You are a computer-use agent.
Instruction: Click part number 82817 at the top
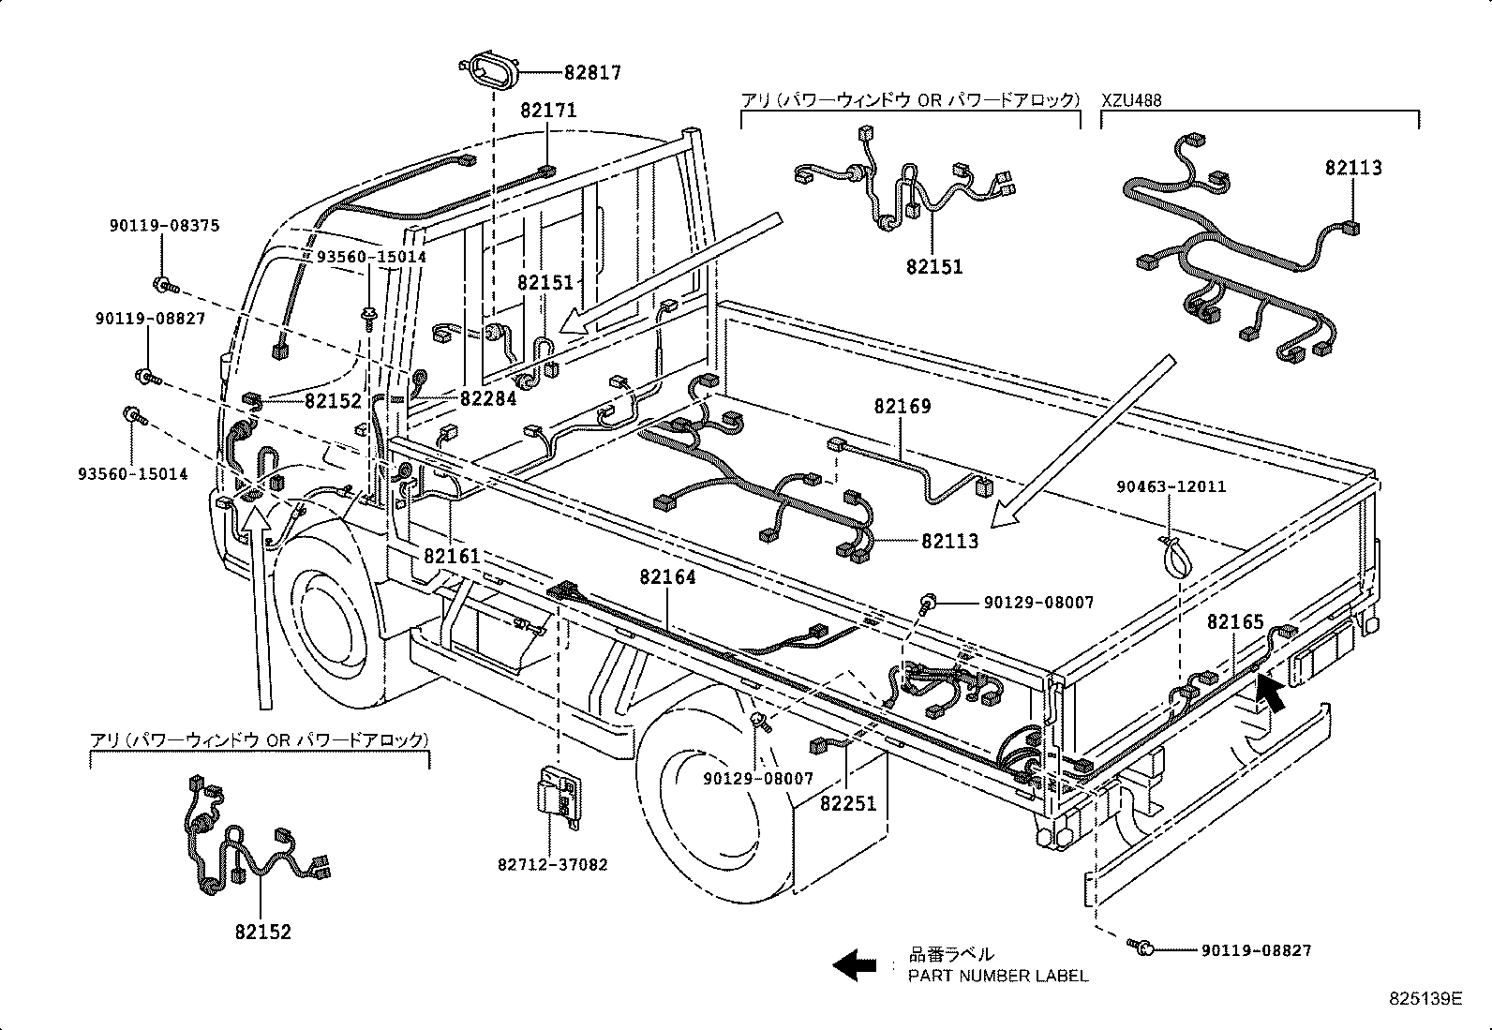591,72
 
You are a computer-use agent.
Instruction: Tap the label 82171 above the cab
548,111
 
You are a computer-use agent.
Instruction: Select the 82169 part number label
903,407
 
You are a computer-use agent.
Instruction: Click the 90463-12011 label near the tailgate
1171,486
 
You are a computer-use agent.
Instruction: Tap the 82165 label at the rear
1235,622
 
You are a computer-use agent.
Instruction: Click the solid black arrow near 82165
1270,693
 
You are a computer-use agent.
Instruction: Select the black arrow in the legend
855,964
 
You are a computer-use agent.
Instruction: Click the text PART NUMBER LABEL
998,976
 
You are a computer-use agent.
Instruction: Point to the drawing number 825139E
1425,999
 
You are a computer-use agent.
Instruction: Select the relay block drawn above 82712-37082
557,794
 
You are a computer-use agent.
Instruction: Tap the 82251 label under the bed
848,804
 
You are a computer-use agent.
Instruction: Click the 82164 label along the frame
668,577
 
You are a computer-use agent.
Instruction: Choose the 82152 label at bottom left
263,933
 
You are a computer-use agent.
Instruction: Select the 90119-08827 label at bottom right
1256,950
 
